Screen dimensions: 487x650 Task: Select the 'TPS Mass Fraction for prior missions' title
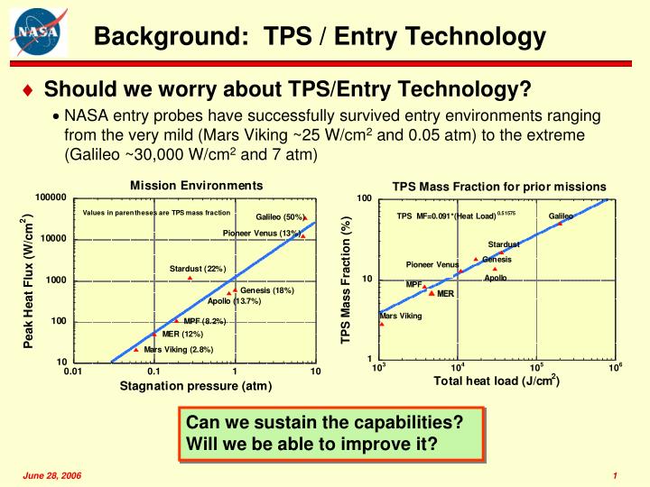499,187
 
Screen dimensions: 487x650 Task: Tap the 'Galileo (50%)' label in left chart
279,217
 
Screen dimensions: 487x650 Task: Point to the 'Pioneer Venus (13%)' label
261,234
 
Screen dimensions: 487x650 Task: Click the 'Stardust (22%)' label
197,269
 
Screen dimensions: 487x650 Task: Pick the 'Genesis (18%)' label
267,290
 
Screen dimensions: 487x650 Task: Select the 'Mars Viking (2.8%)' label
178,350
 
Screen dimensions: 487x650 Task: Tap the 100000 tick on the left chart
51,198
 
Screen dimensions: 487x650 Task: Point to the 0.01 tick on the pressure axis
73,372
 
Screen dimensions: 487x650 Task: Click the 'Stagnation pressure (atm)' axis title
196,387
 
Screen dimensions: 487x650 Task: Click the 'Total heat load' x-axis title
497,381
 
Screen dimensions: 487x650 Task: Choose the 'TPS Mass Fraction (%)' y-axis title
345,280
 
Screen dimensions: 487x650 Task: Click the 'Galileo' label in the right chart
561,216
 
